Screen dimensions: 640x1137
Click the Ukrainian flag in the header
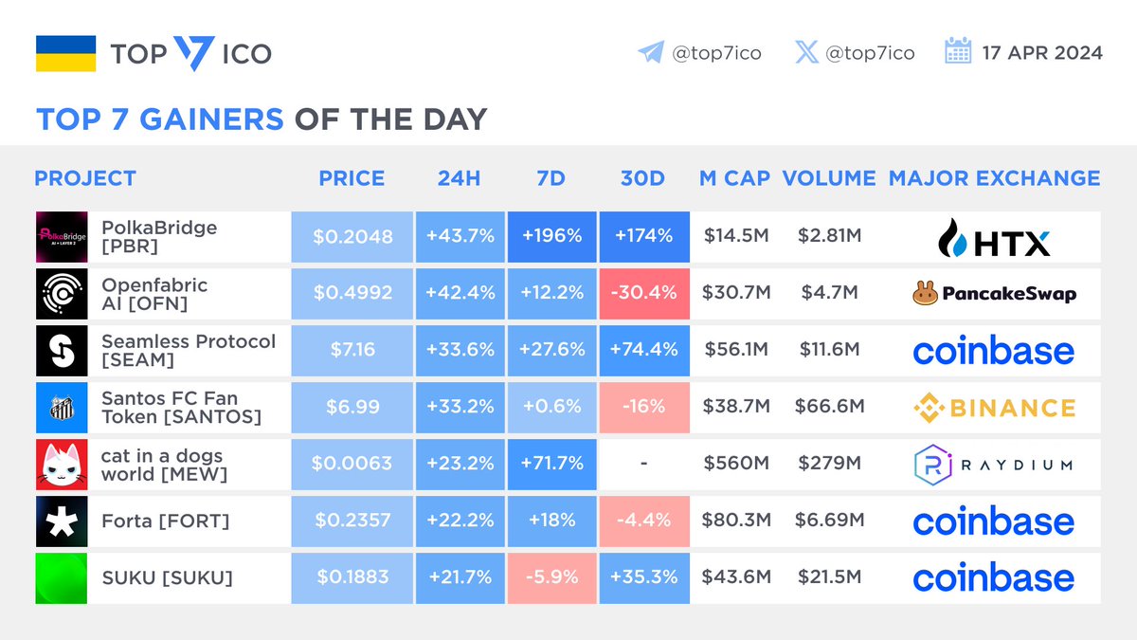(x=65, y=53)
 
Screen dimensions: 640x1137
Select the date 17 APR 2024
(x=1043, y=53)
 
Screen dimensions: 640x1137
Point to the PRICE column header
(x=352, y=178)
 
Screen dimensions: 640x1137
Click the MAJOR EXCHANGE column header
(x=994, y=178)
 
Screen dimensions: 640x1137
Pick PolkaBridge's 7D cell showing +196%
(x=550, y=236)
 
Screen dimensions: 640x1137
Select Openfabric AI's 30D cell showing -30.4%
(x=642, y=293)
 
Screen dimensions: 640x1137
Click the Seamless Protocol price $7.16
(x=352, y=350)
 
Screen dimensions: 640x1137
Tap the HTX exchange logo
(x=994, y=237)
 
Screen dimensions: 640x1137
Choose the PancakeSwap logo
(x=994, y=294)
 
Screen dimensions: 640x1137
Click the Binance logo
(x=994, y=408)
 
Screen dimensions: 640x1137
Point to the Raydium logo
(x=994, y=465)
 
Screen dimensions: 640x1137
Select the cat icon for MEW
(x=62, y=465)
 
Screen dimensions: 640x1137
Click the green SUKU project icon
(x=62, y=578)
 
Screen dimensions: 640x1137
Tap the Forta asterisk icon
(x=62, y=521)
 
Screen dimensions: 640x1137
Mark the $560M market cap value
(x=735, y=464)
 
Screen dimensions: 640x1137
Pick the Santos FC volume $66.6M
(x=830, y=407)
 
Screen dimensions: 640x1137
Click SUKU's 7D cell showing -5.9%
(x=550, y=577)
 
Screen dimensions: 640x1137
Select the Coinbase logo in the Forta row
(x=994, y=521)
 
